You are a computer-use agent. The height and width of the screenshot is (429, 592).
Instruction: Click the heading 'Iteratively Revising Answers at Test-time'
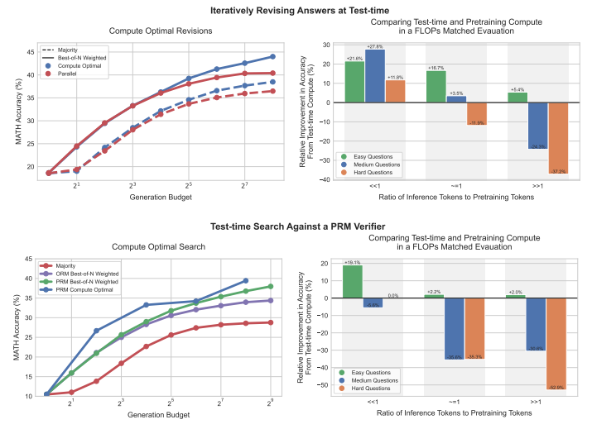click(296, 8)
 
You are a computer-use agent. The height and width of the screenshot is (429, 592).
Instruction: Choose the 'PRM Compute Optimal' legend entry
click(81, 288)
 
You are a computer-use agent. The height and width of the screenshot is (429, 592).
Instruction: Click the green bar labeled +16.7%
click(436, 87)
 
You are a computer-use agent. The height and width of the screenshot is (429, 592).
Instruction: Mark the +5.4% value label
click(517, 88)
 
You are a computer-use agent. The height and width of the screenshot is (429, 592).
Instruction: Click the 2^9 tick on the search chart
click(272, 403)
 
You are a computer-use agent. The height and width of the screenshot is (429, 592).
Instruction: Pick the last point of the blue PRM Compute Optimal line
click(246, 281)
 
